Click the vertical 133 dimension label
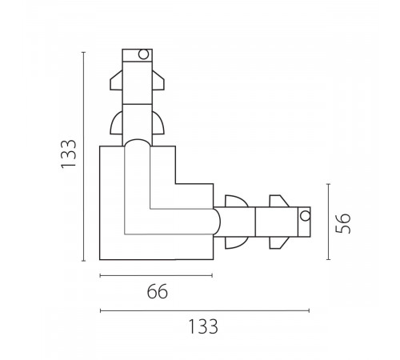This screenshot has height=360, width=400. click(x=69, y=154)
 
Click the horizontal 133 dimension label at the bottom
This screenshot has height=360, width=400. click(x=203, y=326)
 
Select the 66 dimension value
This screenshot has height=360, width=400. click(x=158, y=291)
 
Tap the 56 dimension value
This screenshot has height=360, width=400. click(x=343, y=223)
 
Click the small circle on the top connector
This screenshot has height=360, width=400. click(x=143, y=54)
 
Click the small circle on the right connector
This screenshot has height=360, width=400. click(x=305, y=216)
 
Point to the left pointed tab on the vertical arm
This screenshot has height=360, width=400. click(x=116, y=80)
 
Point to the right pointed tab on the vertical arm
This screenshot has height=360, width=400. click(x=158, y=80)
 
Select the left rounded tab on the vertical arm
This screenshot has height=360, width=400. click(x=116, y=122)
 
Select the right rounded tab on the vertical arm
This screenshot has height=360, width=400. click(x=158, y=122)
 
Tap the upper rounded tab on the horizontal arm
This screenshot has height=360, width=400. click(x=237, y=201)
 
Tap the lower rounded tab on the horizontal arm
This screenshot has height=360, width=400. click(x=237, y=242)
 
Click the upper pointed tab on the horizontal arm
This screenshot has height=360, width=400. click(x=279, y=201)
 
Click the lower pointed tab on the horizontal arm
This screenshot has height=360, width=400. click(x=279, y=242)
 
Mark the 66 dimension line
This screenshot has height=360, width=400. click(x=156, y=275)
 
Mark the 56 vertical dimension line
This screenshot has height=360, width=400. click(x=328, y=222)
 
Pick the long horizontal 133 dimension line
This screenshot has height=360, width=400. click(x=205, y=310)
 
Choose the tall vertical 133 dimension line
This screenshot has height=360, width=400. click(x=84, y=157)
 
